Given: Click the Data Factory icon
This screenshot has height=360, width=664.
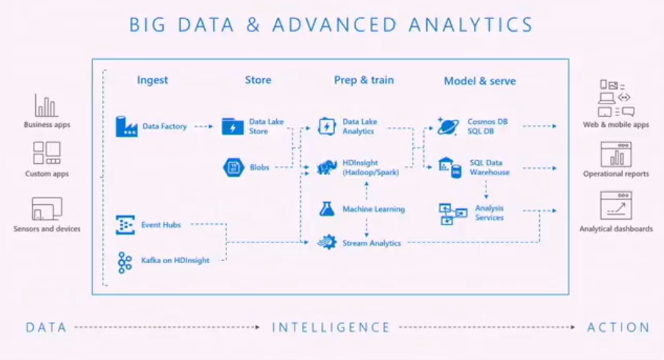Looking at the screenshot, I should [126, 126].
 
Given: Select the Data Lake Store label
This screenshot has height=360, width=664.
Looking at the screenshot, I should [267, 126].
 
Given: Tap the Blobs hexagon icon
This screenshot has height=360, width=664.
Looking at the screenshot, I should [233, 168].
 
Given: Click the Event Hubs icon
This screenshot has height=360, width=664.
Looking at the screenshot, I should [126, 225].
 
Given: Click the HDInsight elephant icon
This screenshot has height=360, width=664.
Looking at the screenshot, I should [327, 168].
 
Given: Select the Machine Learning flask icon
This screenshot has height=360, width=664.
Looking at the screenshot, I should [327, 209].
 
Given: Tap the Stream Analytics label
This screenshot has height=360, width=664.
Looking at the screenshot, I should [372, 242].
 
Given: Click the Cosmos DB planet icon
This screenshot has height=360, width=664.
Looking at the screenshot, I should [447, 126].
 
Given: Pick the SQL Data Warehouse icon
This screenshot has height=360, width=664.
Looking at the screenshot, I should [449, 168].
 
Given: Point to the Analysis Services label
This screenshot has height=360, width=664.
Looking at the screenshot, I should [489, 212].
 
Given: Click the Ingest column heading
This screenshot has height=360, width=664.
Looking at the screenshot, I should [153, 80].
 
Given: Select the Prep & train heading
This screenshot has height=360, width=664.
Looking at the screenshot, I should [364, 80].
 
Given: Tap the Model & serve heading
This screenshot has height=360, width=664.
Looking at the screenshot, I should [480, 81].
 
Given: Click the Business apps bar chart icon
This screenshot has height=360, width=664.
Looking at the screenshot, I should [46, 106].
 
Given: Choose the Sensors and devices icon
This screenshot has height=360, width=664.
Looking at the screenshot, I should [46, 209].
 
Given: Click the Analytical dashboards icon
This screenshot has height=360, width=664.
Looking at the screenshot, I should [616, 206].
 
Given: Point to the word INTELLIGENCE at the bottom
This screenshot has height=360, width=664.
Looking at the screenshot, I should [331, 328].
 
